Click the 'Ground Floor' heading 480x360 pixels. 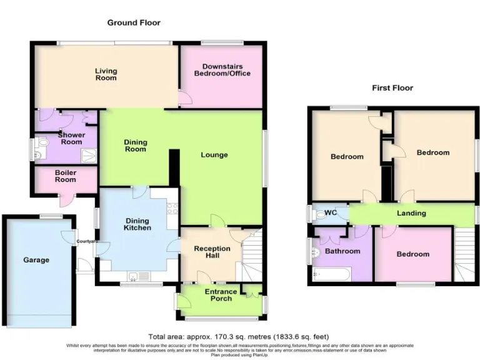[134, 22]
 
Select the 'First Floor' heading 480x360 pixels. [392, 88]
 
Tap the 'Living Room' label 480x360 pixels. [106, 74]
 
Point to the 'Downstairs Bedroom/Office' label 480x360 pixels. [222, 70]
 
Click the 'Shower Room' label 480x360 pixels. [70, 138]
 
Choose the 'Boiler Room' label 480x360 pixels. [65, 177]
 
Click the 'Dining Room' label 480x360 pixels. [136, 146]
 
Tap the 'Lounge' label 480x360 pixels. [214, 155]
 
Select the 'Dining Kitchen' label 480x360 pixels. [137, 224]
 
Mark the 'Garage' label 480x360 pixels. [36, 260]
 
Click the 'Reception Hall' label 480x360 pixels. [212, 252]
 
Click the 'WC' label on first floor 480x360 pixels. [331, 213]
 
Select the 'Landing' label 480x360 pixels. [411, 213]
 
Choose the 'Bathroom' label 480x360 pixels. [342, 251]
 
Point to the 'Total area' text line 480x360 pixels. [239, 336]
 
